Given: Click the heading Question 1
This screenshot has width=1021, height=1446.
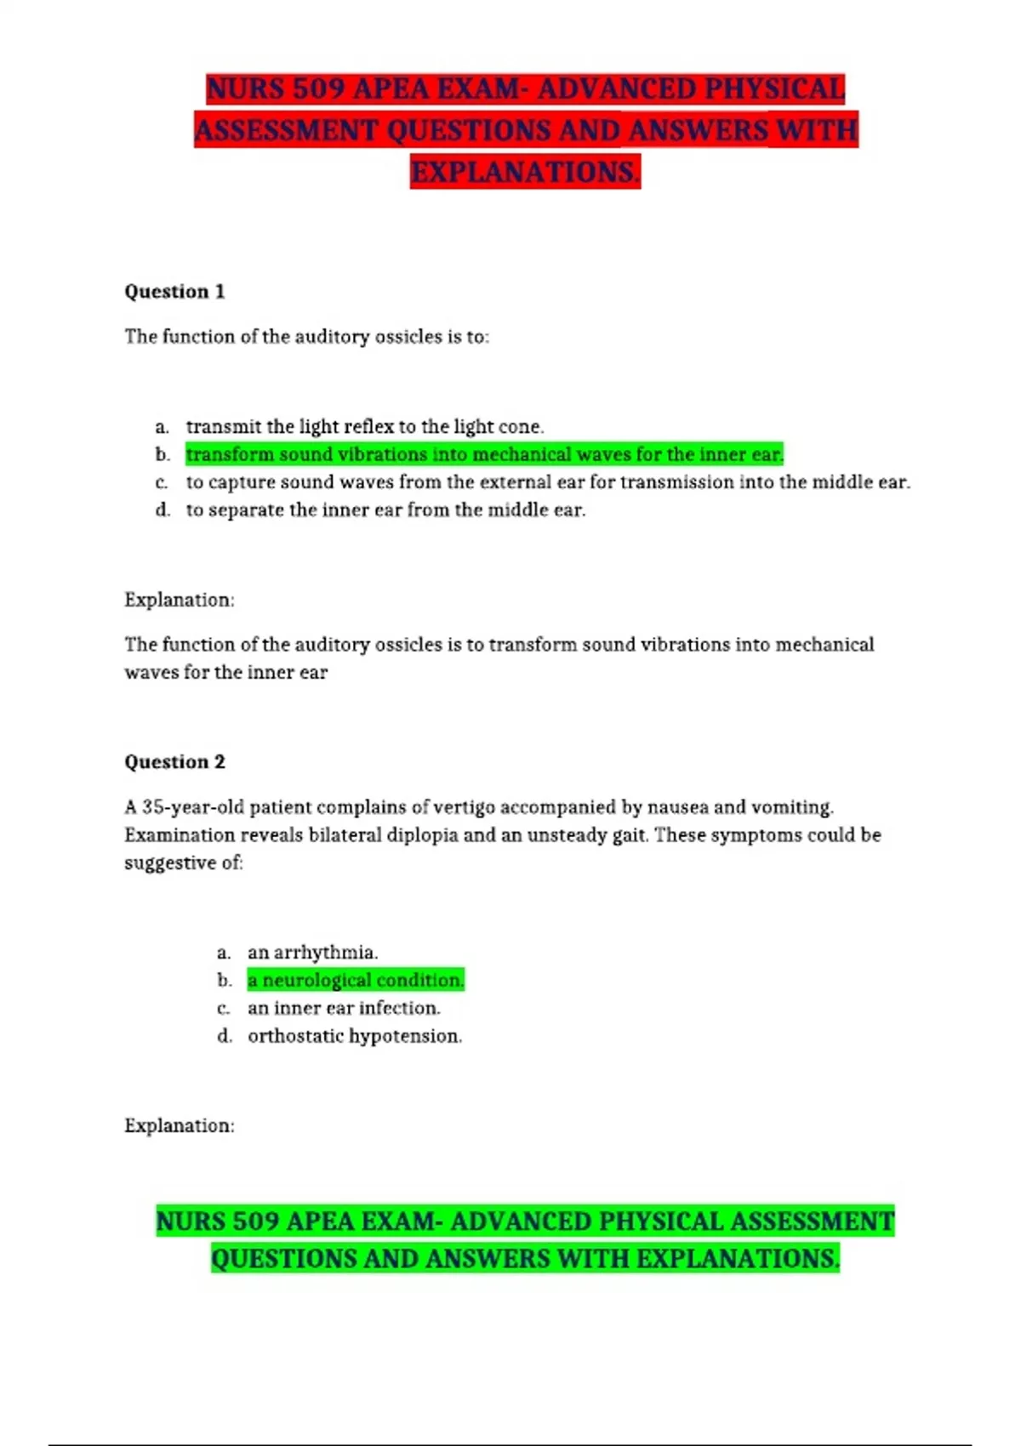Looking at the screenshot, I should [174, 292].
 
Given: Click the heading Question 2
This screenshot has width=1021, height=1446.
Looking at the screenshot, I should [174, 762].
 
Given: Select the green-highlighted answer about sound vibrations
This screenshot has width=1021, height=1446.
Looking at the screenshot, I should [484, 455].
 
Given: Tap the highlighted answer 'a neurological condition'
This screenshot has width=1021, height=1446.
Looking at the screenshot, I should [356, 981].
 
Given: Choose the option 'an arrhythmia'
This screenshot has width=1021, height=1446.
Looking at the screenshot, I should [312, 953].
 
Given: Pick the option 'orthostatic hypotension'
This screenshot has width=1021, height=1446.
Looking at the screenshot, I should [355, 1036].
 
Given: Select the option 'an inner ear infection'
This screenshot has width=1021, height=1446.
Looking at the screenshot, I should [344, 1009].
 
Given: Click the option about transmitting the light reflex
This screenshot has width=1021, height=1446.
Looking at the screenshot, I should [364, 427].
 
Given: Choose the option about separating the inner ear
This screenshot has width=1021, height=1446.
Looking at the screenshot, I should [385, 510].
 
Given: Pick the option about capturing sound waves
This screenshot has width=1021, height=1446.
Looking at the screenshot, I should [548, 482].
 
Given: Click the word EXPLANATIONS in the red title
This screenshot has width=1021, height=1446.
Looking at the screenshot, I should [524, 173].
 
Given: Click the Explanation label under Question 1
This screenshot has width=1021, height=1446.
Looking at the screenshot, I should [179, 601].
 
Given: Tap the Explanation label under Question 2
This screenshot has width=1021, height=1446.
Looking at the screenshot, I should [179, 1126].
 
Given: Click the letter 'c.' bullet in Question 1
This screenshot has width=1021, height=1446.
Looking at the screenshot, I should [162, 483].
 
